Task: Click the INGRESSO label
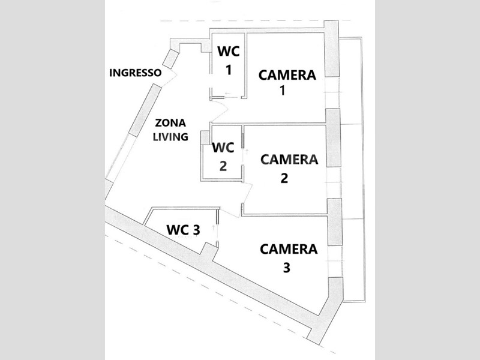click(135, 73)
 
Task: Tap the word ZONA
click(170, 121)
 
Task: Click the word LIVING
click(170, 136)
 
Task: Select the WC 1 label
click(228, 61)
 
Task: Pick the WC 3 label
click(183, 229)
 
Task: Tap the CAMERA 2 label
click(289, 168)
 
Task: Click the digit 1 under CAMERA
click(282, 92)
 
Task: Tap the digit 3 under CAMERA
click(286, 268)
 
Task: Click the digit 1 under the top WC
click(228, 70)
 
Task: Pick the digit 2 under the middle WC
click(223, 166)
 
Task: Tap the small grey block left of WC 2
click(205, 137)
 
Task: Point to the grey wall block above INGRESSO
click(170, 58)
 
